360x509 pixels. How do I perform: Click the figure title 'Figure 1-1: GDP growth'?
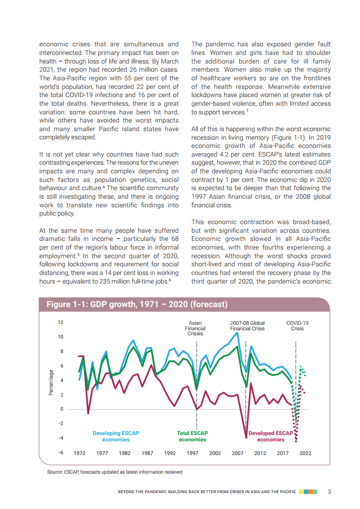click(x=137, y=304)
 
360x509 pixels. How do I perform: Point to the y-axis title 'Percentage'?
click(x=51, y=382)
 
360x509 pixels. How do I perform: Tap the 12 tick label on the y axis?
click(x=60, y=323)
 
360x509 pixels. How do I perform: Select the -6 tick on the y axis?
click(x=60, y=453)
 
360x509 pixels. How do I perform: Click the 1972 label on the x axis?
click(x=80, y=453)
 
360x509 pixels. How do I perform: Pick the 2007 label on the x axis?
click(x=237, y=453)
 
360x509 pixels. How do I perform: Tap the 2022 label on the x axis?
click(x=306, y=453)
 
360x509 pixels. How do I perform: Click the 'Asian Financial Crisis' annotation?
click(x=195, y=328)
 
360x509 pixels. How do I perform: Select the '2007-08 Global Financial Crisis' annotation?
click(x=247, y=326)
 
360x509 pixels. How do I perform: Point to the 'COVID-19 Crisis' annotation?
click(x=297, y=326)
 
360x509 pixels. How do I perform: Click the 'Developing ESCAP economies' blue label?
click(x=116, y=436)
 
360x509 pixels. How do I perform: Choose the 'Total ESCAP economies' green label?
click(x=192, y=436)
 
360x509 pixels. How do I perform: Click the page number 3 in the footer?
click(x=329, y=492)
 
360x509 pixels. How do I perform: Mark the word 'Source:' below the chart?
click(x=55, y=472)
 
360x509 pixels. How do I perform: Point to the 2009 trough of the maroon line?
click(x=247, y=437)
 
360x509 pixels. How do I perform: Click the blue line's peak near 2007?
click(x=237, y=333)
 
